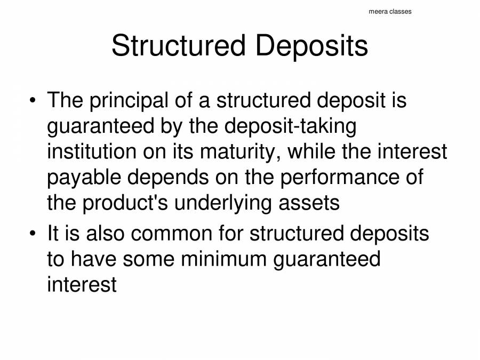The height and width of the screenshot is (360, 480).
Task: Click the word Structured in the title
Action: [x=178, y=46]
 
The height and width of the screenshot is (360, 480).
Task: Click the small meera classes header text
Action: [x=390, y=11]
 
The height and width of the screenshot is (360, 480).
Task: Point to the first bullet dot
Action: [x=33, y=100]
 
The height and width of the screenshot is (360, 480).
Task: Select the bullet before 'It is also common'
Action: [x=33, y=234]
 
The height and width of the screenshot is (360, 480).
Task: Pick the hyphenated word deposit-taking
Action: [x=290, y=126]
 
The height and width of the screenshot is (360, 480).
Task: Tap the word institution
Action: [x=92, y=152]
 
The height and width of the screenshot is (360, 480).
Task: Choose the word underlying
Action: [x=234, y=203]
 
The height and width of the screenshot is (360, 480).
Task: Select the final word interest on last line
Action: [x=82, y=284]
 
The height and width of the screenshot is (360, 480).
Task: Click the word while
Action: [x=311, y=152]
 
